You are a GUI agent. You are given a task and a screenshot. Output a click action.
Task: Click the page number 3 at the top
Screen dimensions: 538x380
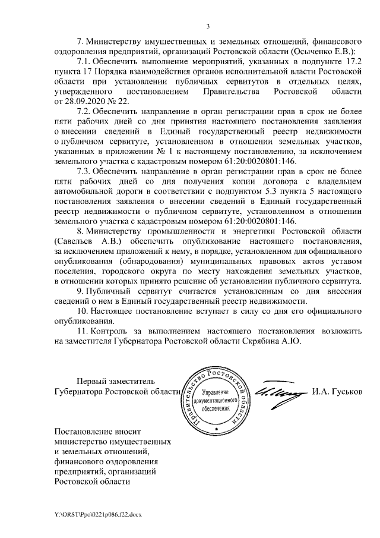point(208,25)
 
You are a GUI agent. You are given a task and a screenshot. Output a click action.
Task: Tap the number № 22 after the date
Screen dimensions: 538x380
point(118,102)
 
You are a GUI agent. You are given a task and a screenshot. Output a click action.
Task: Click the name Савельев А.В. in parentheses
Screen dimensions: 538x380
point(84,242)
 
